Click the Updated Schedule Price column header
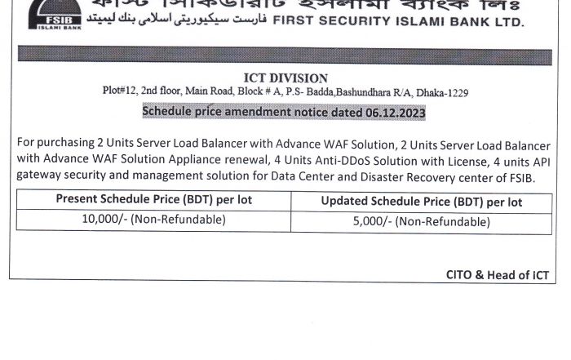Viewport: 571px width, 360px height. tap(421, 201)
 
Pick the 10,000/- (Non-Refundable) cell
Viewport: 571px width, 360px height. tap(155, 220)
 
